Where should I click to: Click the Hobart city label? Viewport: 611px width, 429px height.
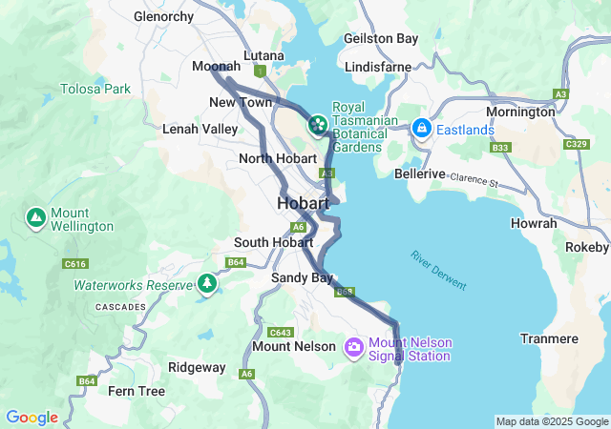(x=303, y=203)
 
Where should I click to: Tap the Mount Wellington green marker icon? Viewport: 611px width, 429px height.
(x=36, y=218)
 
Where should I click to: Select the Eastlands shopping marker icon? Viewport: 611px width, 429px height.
(x=421, y=129)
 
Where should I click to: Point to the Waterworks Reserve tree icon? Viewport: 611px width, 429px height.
(x=206, y=284)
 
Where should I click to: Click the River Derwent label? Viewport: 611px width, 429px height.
(x=439, y=271)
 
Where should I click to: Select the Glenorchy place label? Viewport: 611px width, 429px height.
(x=163, y=17)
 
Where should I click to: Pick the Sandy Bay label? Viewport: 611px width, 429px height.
(x=302, y=277)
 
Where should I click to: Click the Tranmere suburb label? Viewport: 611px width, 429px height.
(x=549, y=338)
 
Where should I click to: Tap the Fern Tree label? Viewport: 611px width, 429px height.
(x=136, y=391)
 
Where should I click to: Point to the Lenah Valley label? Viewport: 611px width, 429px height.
(x=200, y=128)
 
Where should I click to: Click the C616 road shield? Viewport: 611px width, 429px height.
(x=50, y=263)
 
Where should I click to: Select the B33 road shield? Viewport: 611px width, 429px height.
(x=499, y=148)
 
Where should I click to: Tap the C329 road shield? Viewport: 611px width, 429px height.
(x=576, y=144)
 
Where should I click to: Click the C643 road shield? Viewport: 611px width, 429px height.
(x=280, y=332)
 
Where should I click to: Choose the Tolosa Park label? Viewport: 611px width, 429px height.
(x=95, y=89)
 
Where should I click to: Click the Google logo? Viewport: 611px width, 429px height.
(x=32, y=418)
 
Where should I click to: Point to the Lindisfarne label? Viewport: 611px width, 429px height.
(x=377, y=67)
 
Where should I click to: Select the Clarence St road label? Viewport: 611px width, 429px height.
(x=474, y=178)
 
